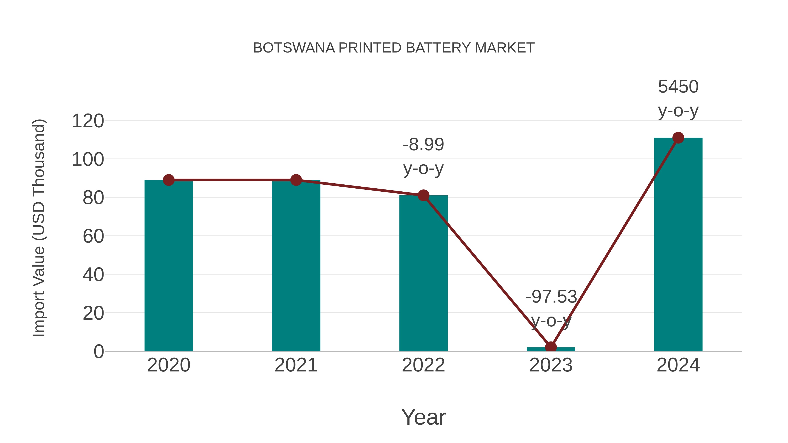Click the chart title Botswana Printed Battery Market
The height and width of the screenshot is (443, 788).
pos(394,48)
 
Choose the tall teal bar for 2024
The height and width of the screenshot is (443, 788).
pos(678,244)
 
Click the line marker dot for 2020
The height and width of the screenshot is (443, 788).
pos(169,180)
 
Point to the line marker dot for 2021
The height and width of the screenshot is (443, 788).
pos(296,180)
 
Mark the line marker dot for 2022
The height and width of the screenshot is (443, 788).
pos(423,195)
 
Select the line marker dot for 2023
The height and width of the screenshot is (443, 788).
pos(551,347)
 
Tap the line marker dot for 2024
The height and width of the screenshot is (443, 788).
pos(678,138)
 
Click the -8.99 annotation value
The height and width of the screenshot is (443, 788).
pos(423,145)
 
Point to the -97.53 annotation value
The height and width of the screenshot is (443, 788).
pos(551,297)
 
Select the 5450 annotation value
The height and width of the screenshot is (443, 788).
pos(678,87)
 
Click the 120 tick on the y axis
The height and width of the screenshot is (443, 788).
pos(88,121)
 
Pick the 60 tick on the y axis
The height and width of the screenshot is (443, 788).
pos(93,236)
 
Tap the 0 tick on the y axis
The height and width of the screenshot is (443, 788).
pos(99,352)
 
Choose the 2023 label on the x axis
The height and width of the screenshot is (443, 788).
pos(551,365)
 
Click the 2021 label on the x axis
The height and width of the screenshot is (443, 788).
pos(296,365)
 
